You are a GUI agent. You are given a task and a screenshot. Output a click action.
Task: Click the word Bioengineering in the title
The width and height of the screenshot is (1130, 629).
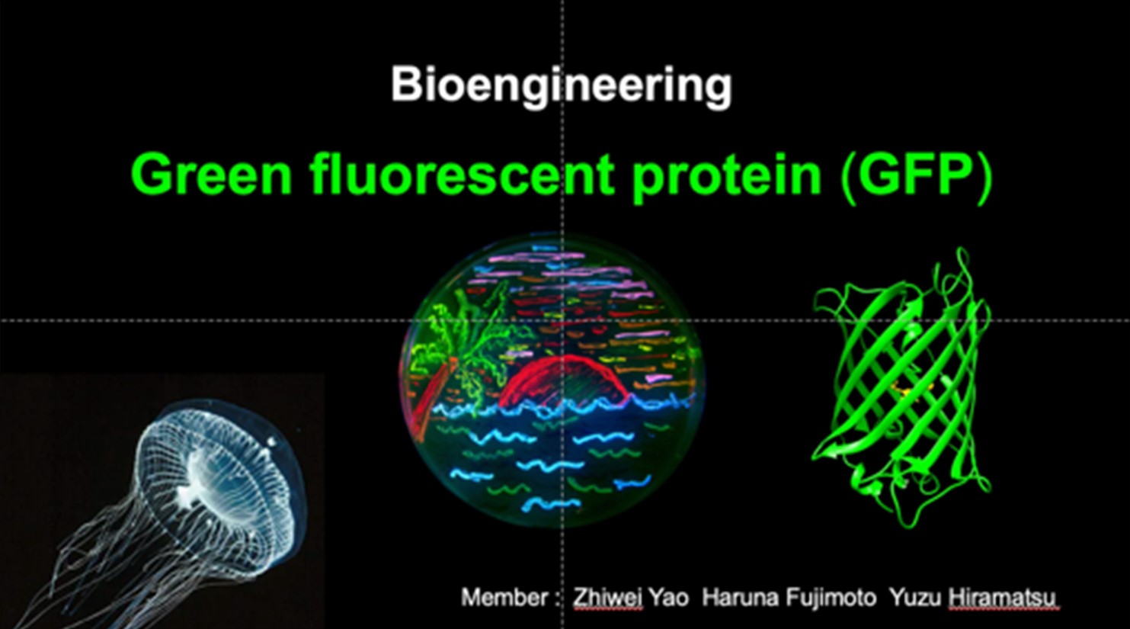(x=561, y=86)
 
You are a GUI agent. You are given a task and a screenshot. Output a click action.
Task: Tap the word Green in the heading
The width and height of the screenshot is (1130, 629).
(x=211, y=174)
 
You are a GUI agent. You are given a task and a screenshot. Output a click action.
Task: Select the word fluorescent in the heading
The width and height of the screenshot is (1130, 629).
(x=463, y=174)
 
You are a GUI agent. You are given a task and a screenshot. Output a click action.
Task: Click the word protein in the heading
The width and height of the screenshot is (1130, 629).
(x=727, y=177)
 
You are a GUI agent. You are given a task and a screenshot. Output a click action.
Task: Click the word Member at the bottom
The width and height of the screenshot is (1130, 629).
(x=504, y=598)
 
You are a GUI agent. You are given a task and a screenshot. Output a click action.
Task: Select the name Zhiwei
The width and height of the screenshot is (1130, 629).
(x=607, y=598)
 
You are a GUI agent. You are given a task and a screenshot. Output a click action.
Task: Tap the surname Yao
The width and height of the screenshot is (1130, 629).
(x=668, y=598)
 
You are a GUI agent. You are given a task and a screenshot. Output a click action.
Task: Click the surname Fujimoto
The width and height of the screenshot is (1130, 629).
(x=831, y=598)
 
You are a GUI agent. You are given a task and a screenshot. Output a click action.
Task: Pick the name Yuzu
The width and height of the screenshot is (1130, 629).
(x=915, y=598)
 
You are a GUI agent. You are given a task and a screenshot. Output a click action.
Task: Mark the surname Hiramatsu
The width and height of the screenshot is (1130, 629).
(x=1002, y=598)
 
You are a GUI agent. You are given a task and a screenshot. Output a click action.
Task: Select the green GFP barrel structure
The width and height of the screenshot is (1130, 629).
(x=901, y=389)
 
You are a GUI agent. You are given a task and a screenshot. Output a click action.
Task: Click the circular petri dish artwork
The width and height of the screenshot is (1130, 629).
(x=552, y=380)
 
